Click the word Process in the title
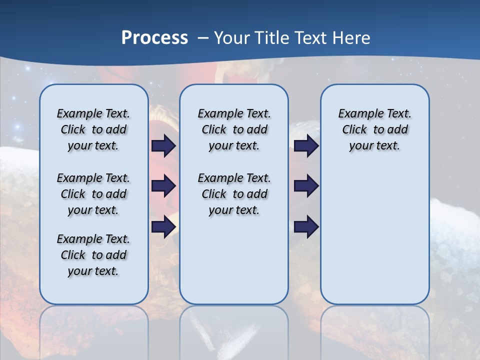coord(154,38)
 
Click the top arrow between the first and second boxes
coord(163,145)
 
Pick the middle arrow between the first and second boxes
coord(163,186)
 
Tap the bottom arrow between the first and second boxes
coord(163,227)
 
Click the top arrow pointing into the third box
coord(306,145)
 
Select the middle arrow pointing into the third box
coord(306,186)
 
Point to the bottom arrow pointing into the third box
coord(306,227)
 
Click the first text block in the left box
coord(93,129)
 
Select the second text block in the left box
coord(93,194)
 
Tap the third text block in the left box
coord(93,255)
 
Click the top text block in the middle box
coord(234,129)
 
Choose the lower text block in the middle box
coord(234,194)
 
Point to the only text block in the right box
coord(374,129)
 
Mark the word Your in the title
coord(232,38)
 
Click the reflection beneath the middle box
coord(234,330)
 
